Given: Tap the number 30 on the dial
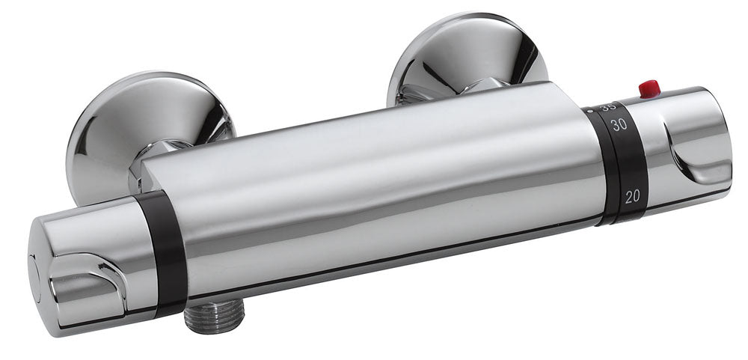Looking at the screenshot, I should point(618,125).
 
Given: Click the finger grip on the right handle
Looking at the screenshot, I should point(696,153).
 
